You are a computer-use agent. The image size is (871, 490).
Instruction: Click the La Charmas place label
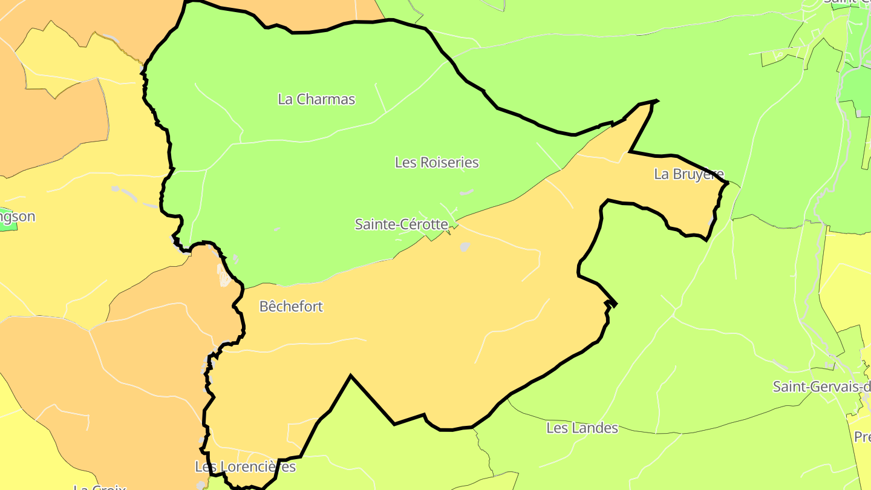tap(316, 99)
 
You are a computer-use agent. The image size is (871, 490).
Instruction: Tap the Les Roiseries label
tap(437, 163)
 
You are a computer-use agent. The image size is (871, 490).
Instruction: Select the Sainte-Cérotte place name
tap(401, 224)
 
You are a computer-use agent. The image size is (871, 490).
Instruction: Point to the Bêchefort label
tap(291, 307)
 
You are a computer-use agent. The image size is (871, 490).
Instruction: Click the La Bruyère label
tap(688, 174)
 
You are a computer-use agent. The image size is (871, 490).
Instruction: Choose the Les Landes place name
tap(582, 428)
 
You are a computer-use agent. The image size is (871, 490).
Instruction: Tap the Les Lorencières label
tap(245, 467)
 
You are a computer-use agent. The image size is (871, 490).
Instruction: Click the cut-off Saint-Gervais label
tap(821, 387)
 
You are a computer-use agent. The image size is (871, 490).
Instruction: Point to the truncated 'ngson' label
tap(18, 217)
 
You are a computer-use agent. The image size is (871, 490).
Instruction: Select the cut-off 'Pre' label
tap(862, 437)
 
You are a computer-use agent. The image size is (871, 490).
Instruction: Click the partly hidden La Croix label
tap(100, 486)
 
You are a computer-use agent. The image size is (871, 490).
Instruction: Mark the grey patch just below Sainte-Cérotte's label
tap(465, 247)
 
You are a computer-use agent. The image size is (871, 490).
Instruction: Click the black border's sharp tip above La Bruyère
tap(656, 101)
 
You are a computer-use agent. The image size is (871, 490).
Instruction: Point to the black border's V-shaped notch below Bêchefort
tap(350, 377)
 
